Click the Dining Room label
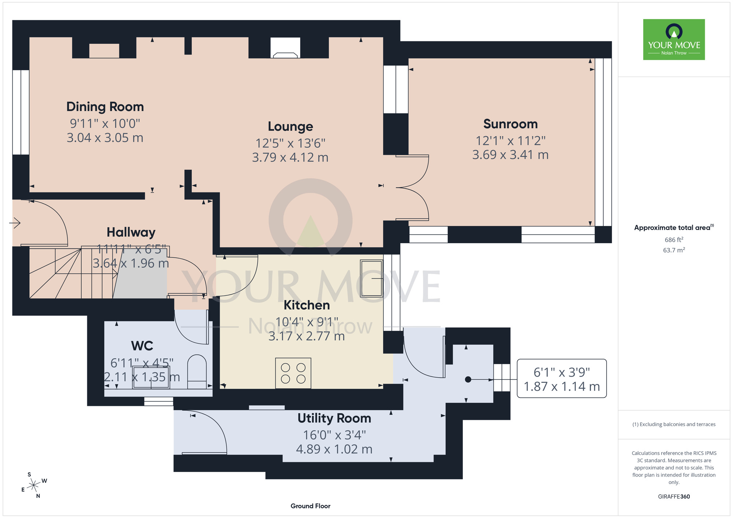point(105,107)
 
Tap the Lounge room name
point(290,126)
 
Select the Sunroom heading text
point(511,124)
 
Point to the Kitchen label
point(307,305)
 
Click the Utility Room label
point(334,418)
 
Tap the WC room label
point(142,345)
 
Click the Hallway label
point(131,232)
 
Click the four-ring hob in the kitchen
point(293,373)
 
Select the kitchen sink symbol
point(372,278)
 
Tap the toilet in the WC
point(197,371)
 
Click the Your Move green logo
point(674,40)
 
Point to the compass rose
point(34,485)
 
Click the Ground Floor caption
point(310,506)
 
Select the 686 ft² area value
point(674,240)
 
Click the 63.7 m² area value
point(674,250)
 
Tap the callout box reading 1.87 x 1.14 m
point(562,378)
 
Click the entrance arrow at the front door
point(15,223)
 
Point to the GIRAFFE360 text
point(674,497)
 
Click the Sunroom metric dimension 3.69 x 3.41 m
point(511,155)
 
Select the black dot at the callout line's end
point(468,380)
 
